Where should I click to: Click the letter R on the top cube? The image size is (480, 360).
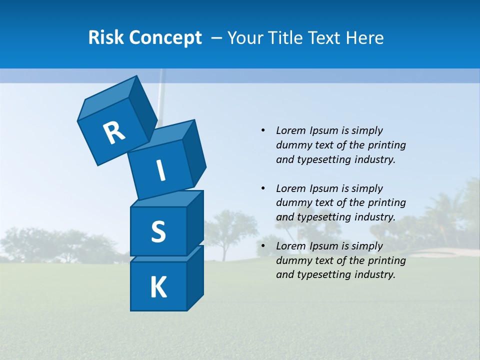coord(114,133)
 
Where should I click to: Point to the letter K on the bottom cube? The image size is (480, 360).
coord(158,287)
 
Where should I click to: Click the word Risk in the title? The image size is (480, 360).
coord(105,37)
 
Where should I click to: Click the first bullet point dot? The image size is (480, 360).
coord(263,130)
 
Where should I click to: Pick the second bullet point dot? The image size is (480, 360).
coord(263,188)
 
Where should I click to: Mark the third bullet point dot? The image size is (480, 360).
coord(263,246)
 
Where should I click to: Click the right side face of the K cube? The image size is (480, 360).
coord(195,277)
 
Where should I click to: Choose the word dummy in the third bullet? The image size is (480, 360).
coord(292,260)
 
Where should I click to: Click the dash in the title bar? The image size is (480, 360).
coord(216,37)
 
